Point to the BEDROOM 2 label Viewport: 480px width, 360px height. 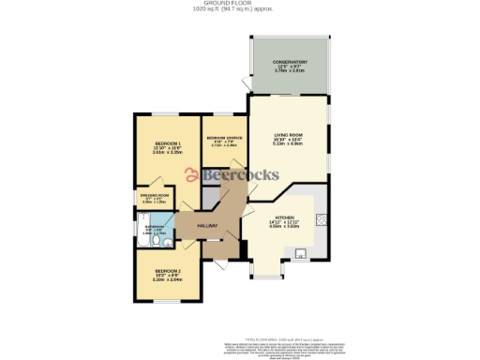166,273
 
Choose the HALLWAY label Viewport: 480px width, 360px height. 207,226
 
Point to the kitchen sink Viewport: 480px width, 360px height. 300,252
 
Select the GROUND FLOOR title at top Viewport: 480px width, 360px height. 239,4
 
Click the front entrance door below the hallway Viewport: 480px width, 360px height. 220,265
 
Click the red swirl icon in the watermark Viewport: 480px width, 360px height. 190,174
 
